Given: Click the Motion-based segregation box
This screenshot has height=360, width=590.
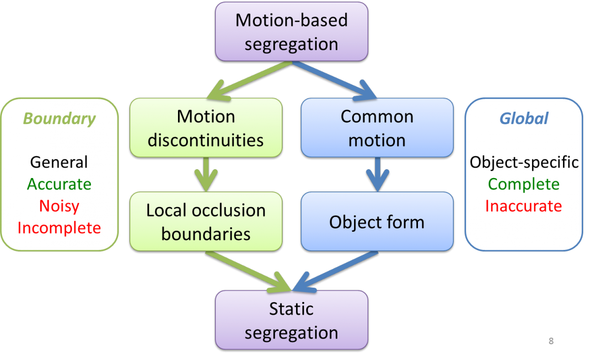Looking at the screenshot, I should [x=292, y=32].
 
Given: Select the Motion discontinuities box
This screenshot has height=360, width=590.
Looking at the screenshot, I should [x=206, y=128].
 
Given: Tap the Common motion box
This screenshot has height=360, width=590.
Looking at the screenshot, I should [x=377, y=128].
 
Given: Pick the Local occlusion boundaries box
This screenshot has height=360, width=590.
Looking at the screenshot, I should [x=206, y=221].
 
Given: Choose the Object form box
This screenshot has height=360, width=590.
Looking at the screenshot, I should [x=377, y=222].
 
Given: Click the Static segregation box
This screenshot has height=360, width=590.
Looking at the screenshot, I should [x=292, y=320].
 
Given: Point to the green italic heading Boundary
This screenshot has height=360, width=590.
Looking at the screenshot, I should [x=59, y=119].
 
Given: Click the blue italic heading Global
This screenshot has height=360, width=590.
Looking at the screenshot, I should [x=524, y=119].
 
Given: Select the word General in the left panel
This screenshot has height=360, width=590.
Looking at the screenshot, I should [x=59, y=162].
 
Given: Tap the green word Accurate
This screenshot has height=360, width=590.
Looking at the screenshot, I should [x=59, y=184].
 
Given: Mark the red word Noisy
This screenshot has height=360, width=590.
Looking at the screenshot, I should [x=59, y=206].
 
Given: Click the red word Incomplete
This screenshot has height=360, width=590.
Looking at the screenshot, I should [x=59, y=227].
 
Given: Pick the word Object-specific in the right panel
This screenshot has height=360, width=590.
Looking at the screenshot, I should [x=524, y=162].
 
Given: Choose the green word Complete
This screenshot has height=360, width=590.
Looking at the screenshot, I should [x=524, y=184].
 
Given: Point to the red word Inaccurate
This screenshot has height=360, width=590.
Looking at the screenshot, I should [x=524, y=206].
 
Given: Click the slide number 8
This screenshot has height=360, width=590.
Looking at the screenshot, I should [x=551, y=341].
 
